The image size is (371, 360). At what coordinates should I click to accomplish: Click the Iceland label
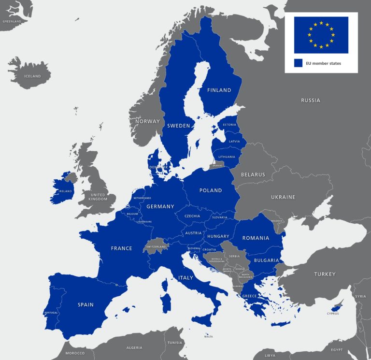click(x=33, y=76)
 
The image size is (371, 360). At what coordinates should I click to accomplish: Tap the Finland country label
click(x=219, y=90)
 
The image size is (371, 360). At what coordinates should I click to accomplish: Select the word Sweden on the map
click(x=178, y=126)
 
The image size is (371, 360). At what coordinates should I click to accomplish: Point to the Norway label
click(x=147, y=121)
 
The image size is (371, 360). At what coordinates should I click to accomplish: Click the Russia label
click(x=311, y=101)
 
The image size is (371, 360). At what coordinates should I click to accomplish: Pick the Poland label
click(x=211, y=190)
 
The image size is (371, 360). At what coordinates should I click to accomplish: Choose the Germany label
click(x=160, y=207)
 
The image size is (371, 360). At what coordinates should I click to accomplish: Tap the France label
click(x=121, y=248)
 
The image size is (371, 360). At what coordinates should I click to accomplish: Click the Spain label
click(x=86, y=305)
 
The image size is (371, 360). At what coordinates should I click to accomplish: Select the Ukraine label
click(x=283, y=197)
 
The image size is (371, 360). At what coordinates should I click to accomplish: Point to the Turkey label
click(x=325, y=274)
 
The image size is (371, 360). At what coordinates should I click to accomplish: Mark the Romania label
click(x=256, y=238)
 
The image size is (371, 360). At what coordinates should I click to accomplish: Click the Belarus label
click(x=253, y=174)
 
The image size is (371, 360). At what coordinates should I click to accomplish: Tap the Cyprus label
click(x=332, y=314)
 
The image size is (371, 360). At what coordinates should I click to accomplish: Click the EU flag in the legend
click(x=321, y=35)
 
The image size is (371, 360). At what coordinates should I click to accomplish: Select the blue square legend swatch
click(x=298, y=63)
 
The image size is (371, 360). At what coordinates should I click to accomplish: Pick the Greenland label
click(x=12, y=22)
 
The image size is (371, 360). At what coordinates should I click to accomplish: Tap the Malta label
click(x=208, y=337)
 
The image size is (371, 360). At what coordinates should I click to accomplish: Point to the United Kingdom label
click(x=99, y=197)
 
